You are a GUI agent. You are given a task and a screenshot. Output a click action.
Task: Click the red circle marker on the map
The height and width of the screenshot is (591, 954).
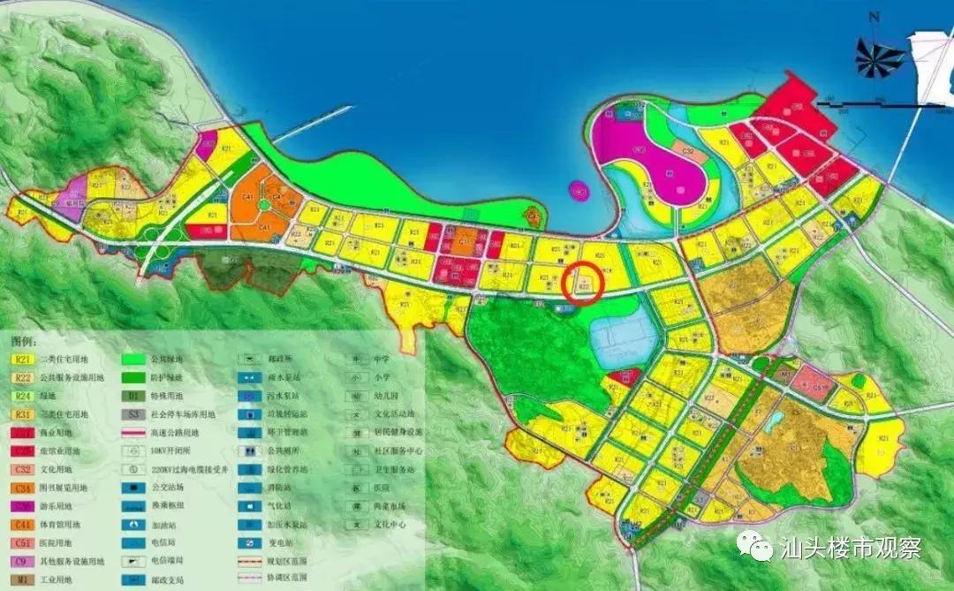583,284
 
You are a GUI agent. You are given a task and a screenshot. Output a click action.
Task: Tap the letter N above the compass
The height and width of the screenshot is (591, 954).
874,17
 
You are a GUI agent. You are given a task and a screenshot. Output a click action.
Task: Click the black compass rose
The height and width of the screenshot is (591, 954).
880,57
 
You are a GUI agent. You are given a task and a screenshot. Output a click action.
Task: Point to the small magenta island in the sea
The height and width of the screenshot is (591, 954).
579,189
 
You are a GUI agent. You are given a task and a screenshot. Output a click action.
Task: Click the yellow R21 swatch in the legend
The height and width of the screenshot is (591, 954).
23,360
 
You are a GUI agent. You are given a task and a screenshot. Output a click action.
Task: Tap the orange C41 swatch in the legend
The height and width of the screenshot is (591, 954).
23,524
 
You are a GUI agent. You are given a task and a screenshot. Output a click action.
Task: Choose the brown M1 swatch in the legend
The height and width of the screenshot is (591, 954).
23,580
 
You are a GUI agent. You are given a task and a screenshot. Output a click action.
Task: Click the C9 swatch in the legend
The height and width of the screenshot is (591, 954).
23,561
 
